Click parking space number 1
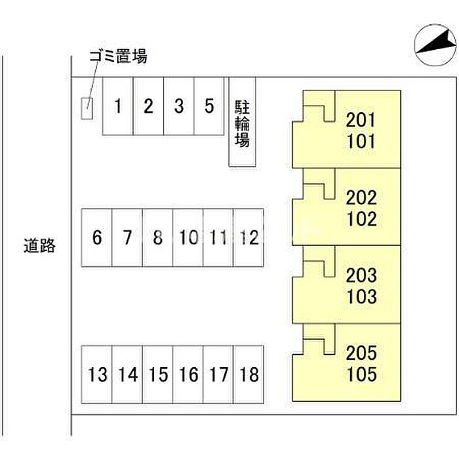point(118,106)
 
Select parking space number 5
point(209,106)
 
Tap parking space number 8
point(157,237)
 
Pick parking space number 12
point(249,237)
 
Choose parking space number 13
point(97,375)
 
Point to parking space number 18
point(249,375)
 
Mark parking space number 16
point(188,375)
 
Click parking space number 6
point(97,237)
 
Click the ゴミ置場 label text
point(118,57)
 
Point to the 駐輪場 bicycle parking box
point(242,123)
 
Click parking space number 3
point(178,106)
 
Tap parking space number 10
point(188,237)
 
